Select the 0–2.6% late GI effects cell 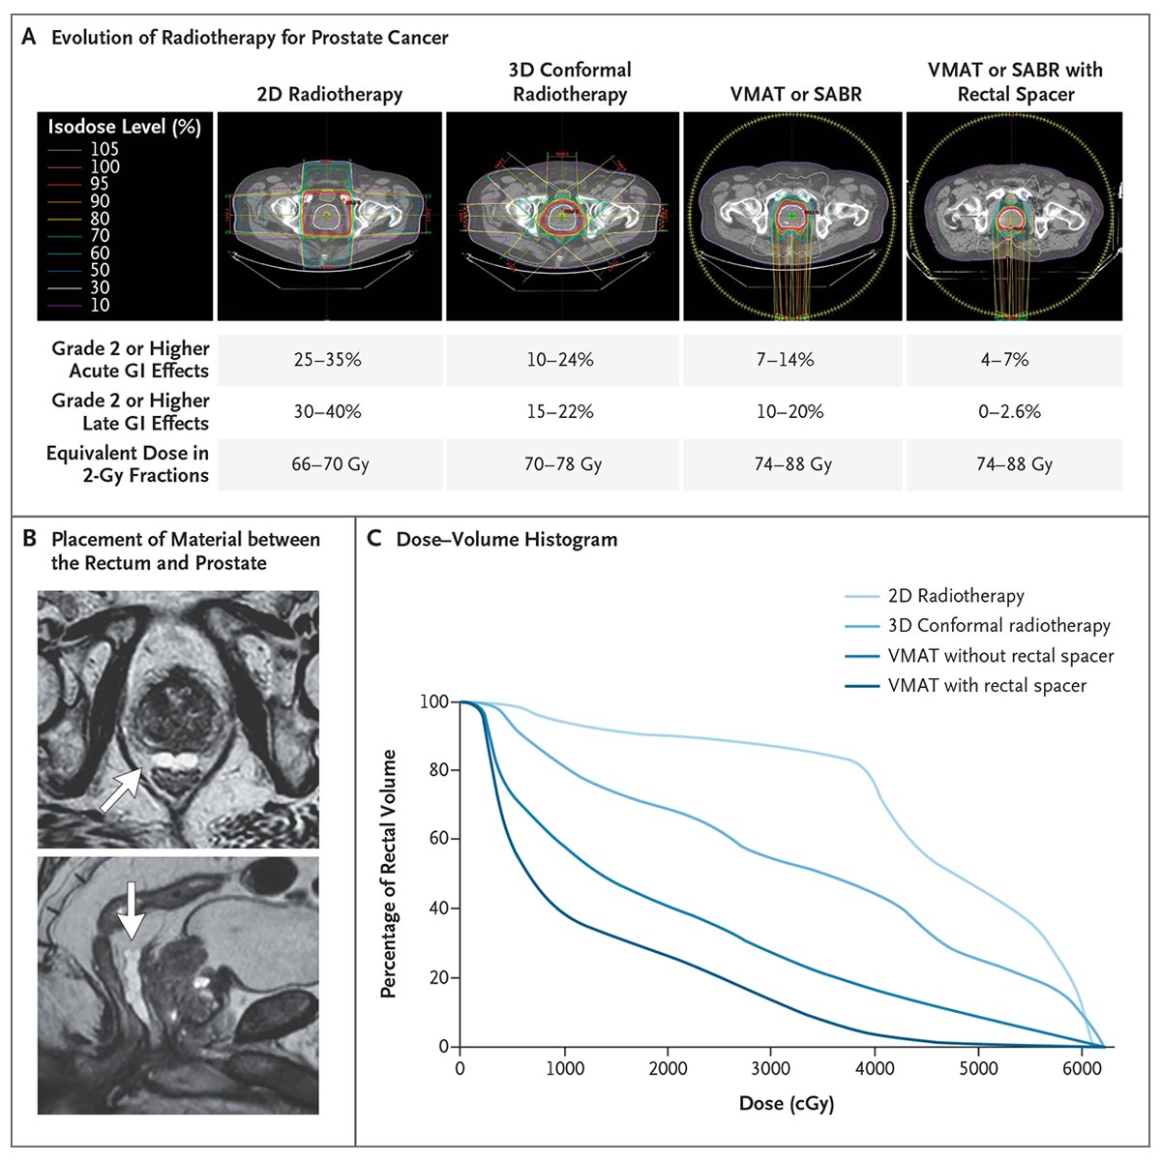point(1015,412)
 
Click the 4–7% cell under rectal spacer point(1015,360)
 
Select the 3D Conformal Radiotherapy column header point(570,82)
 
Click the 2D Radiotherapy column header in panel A point(330,94)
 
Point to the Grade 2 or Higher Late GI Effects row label point(130,412)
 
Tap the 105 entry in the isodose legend point(104,149)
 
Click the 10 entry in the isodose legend point(100,305)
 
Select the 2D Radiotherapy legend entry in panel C point(955,596)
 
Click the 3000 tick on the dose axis point(770,1069)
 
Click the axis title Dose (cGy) point(786,1103)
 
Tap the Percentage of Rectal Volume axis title point(389,874)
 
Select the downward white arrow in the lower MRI point(132,910)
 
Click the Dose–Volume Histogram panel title point(506,539)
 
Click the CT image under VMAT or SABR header point(792,216)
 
